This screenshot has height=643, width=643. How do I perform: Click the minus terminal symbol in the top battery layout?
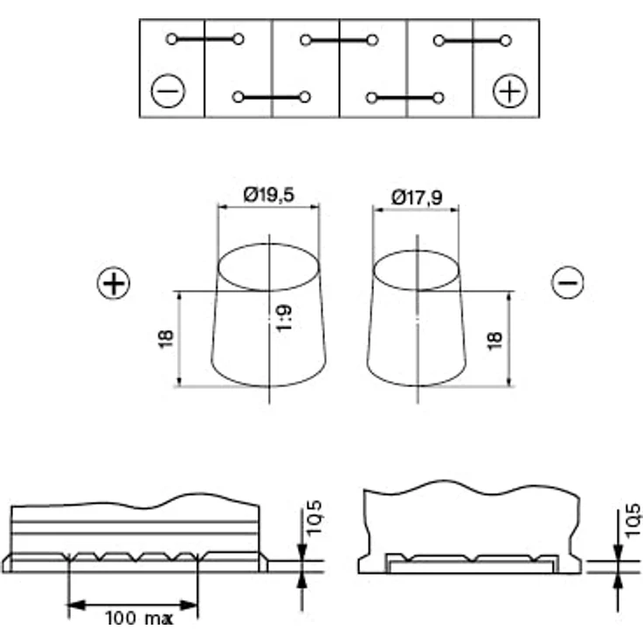point(168,91)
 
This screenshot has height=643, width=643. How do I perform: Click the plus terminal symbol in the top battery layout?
point(509,91)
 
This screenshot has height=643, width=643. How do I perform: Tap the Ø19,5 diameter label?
point(268,195)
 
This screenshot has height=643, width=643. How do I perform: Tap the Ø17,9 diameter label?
point(417,197)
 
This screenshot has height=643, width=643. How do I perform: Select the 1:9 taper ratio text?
point(283,317)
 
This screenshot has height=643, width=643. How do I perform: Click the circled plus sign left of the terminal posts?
point(114,283)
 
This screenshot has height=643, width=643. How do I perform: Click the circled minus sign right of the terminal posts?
point(568,282)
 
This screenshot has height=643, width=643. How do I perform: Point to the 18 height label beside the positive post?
point(166,339)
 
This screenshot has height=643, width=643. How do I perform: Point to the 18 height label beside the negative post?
point(494,341)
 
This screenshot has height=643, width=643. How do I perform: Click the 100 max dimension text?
point(139,619)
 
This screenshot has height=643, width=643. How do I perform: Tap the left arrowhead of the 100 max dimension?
point(76,605)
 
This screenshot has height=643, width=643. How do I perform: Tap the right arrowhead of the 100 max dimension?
point(189,605)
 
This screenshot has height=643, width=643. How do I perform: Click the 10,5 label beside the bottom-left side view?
point(315,517)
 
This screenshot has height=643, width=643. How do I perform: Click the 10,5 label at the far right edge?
point(632,520)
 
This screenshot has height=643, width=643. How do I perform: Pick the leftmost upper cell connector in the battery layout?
point(205,39)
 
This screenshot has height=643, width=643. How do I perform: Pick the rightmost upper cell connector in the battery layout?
point(473,40)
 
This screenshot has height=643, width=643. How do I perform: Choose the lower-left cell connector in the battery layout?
point(271,97)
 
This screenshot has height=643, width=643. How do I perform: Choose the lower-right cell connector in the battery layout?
point(404,98)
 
